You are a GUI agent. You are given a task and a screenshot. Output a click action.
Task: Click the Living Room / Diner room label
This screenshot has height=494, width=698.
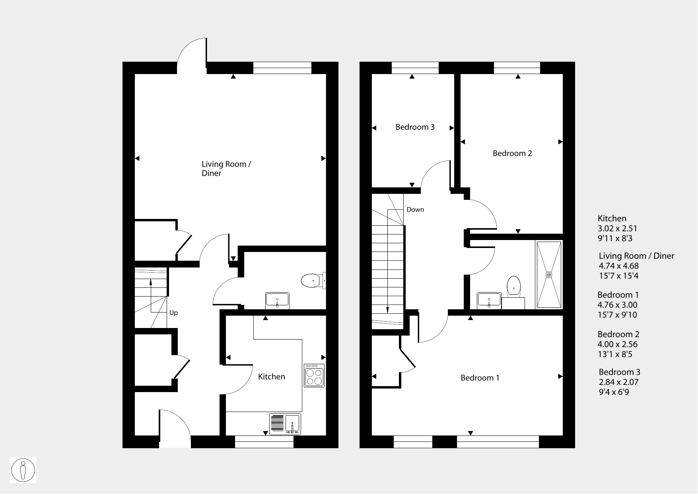pos(226,168)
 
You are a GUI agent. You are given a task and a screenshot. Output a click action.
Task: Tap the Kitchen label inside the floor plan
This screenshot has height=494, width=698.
pos(272,377)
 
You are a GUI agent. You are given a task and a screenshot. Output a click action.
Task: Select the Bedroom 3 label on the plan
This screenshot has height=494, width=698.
pos(415,127)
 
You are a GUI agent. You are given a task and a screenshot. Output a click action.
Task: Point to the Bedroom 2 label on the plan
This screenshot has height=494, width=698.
pos(512,153)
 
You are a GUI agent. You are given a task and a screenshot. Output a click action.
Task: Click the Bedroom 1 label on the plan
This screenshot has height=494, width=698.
pos(480,378)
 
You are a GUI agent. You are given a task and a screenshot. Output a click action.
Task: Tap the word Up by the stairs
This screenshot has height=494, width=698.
pos(173,313)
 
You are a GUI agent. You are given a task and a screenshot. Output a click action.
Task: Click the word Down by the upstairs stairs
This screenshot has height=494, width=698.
pos(415,209)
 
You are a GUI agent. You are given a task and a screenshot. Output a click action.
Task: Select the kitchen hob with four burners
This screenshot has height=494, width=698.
pos(314,375)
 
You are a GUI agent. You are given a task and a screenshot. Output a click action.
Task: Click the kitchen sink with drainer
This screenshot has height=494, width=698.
pos(285,424)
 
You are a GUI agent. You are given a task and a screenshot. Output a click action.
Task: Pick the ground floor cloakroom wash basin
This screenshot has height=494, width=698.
pos(278,301)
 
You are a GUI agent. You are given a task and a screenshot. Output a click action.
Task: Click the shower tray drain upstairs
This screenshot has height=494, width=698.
pos(549,275)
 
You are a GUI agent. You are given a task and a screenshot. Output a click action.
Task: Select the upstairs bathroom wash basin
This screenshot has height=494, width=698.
pos(489,301)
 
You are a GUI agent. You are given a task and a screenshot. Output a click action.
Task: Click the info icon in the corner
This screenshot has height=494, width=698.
pos(23,470)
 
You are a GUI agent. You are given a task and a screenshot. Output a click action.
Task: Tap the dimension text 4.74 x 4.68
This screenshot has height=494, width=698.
pos(618,266)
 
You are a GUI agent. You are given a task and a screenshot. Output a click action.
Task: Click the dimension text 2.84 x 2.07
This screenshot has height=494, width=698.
pos(618,382)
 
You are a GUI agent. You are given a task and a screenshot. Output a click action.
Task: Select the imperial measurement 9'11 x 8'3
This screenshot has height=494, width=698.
pos(615,238)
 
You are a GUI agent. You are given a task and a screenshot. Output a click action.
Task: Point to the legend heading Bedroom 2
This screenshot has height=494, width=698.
pos(618,334)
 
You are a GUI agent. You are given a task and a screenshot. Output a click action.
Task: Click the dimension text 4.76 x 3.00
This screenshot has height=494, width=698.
pos(618,305)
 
